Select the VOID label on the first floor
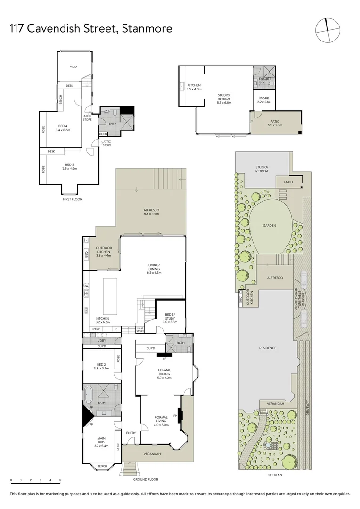click(73, 66)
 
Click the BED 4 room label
click(63, 128)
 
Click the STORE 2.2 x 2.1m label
click(264, 100)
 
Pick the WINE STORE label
click(140, 330)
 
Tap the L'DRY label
click(102, 340)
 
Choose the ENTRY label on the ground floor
click(131, 433)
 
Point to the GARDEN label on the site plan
click(270, 226)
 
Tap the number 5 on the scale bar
click(60, 481)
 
